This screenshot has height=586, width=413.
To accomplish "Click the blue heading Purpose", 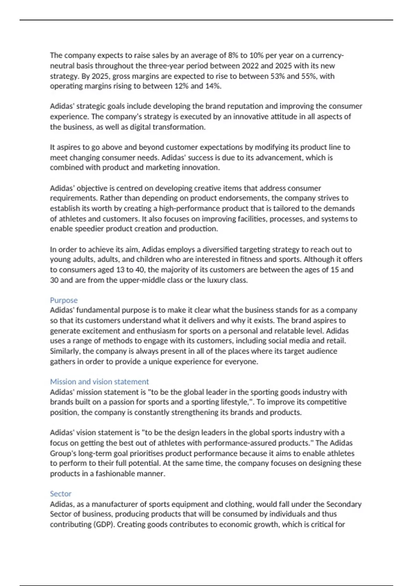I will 64,300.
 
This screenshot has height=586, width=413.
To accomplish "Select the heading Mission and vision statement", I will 99,382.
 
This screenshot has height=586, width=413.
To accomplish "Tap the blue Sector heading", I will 61,494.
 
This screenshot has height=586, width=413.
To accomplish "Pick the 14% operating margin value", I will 212,86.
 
